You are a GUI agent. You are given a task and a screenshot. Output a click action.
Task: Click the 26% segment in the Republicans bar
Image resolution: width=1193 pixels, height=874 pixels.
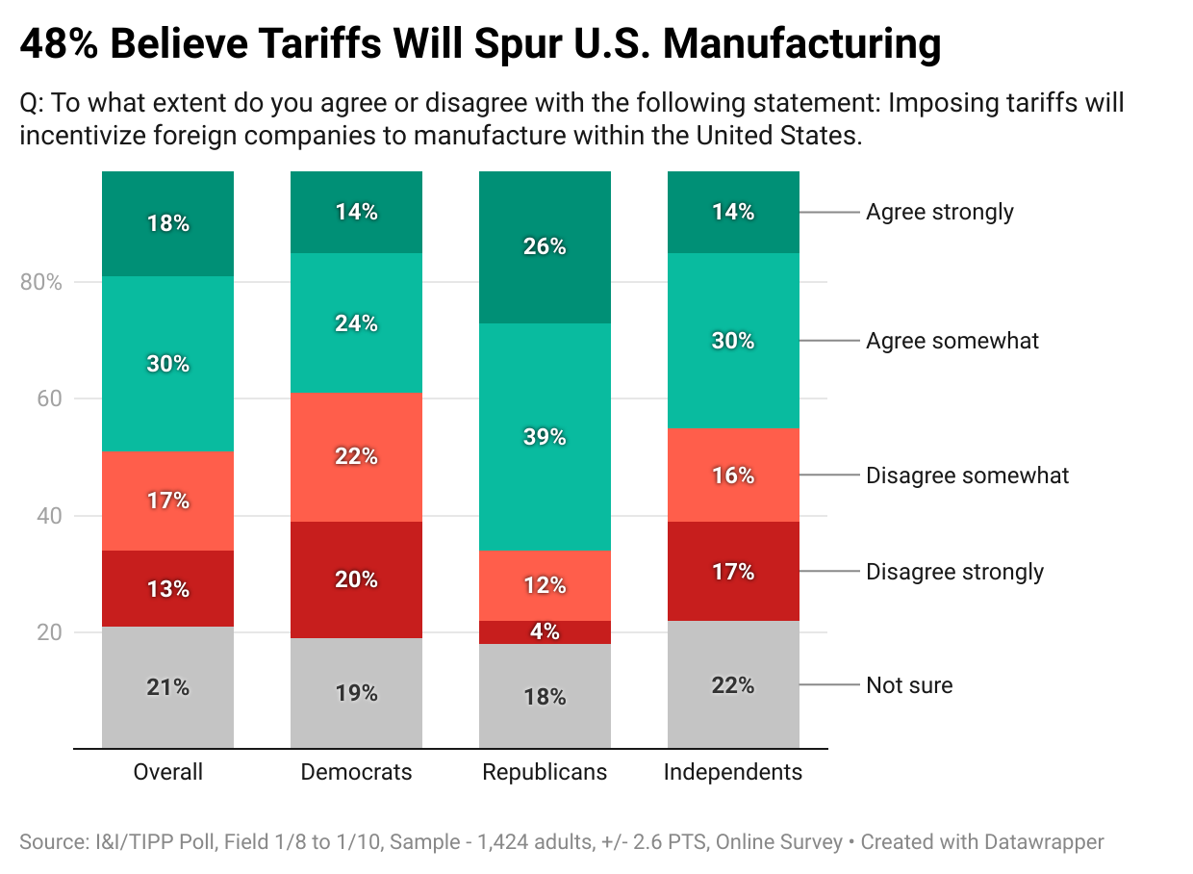click(545, 247)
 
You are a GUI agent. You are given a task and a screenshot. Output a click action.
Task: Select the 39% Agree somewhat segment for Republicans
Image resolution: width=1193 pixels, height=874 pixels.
click(545, 437)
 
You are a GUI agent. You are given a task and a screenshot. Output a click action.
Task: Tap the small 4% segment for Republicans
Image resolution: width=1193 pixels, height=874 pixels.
click(545, 632)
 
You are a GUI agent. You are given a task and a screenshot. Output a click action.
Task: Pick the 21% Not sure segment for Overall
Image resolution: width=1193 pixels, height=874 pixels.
click(167, 687)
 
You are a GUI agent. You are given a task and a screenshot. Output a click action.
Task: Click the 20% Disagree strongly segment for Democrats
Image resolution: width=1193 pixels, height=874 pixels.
click(356, 580)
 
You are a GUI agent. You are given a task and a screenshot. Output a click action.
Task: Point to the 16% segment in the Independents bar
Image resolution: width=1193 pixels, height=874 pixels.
click(733, 476)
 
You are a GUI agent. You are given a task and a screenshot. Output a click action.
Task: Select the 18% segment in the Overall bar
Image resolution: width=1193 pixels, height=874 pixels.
click(167, 224)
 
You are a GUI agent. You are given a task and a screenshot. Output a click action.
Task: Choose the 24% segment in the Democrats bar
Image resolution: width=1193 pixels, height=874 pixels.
click(356, 323)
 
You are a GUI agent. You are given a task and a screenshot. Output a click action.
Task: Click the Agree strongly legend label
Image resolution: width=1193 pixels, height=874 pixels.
click(939, 212)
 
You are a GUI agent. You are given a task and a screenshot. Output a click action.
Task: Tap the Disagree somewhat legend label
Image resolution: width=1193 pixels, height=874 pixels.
click(967, 476)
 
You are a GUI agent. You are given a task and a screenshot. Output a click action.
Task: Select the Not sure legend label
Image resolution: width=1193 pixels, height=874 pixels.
click(909, 685)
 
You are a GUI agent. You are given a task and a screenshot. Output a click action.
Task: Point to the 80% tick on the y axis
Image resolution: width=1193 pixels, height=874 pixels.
click(40, 283)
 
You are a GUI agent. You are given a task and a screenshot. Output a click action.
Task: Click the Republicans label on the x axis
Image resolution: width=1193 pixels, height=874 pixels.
click(545, 772)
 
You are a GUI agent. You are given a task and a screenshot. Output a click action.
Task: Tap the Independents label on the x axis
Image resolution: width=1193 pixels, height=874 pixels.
click(733, 772)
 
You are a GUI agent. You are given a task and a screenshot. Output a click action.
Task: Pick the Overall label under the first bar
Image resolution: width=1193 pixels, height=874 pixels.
click(167, 772)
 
